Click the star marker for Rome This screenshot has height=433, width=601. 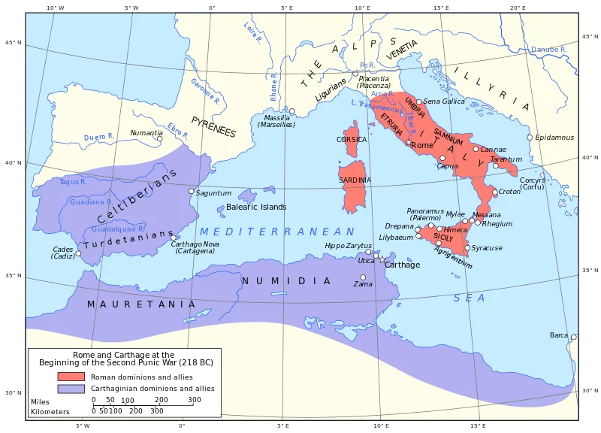[x=409, y=143]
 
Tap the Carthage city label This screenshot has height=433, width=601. [x=403, y=265]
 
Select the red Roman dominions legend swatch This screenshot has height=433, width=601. [x=71, y=377]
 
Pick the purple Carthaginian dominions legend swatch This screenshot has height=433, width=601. [x=71, y=389]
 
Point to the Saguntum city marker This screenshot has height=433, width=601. [x=191, y=191]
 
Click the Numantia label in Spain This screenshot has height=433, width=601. [x=146, y=133]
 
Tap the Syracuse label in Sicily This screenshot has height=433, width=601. [x=487, y=248]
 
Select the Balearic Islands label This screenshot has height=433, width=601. [x=256, y=207]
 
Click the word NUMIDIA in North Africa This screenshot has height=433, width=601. [x=285, y=281]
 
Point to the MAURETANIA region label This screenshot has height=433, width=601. [x=141, y=304]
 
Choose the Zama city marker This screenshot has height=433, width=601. [x=363, y=277]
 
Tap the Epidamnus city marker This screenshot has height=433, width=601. [x=530, y=138]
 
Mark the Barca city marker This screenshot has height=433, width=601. [x=572, y=337]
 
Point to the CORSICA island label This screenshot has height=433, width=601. [x=352, y=140]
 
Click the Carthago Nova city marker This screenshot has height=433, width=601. [x=174, y=238]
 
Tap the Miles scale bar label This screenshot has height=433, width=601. [x=40, y=401]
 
